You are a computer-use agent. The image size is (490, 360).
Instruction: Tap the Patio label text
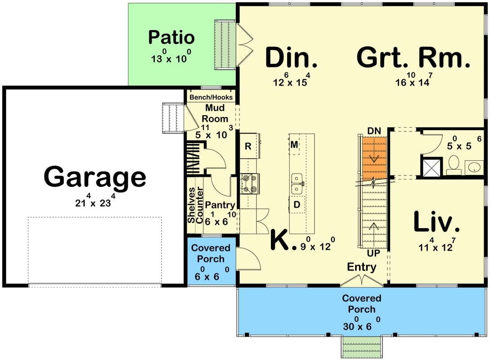(171, 38)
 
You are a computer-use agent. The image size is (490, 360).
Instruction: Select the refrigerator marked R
(248, 146)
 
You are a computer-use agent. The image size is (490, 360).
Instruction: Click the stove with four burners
(249, 184)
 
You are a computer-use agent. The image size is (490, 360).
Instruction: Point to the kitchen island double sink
(297, 184)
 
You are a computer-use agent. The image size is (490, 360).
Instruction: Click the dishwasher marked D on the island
(297, 204)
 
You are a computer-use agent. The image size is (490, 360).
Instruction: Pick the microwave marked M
(294, 144)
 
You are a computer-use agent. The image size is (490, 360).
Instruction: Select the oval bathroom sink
(474, 167)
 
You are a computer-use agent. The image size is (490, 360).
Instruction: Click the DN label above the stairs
(374, 131)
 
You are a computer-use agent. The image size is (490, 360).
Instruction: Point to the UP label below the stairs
(373, 253)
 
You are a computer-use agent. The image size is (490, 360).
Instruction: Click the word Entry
(362, 267)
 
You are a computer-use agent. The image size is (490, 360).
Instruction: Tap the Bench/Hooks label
(211, 97)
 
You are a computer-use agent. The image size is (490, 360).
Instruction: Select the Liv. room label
(436, 222)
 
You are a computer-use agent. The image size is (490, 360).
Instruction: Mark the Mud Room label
(215, 113)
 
